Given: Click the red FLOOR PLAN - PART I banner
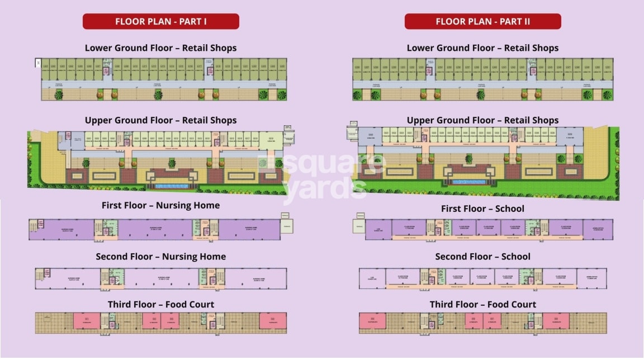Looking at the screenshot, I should (161, 21).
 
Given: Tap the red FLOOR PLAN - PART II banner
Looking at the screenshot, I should (482, 21).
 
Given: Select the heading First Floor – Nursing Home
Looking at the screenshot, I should (160, 205).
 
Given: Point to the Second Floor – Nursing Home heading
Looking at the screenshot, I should (160, 257).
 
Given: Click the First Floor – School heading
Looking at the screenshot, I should (482, 209).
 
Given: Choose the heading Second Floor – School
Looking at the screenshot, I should (482, 257).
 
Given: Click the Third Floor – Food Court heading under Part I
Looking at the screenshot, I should (160, 305).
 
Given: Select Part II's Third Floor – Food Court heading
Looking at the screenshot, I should (482, 305).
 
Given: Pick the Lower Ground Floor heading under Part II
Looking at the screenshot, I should (482, 48).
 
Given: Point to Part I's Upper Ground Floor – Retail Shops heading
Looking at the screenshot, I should (160, 120).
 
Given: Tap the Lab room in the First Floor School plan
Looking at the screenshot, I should (378, 229).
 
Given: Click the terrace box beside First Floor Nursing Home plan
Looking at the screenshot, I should (287, 226).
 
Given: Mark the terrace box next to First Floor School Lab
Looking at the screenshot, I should (358, 226).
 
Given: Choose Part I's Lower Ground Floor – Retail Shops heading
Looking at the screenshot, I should (160, 48).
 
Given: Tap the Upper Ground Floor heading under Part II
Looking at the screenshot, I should (482, 120).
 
